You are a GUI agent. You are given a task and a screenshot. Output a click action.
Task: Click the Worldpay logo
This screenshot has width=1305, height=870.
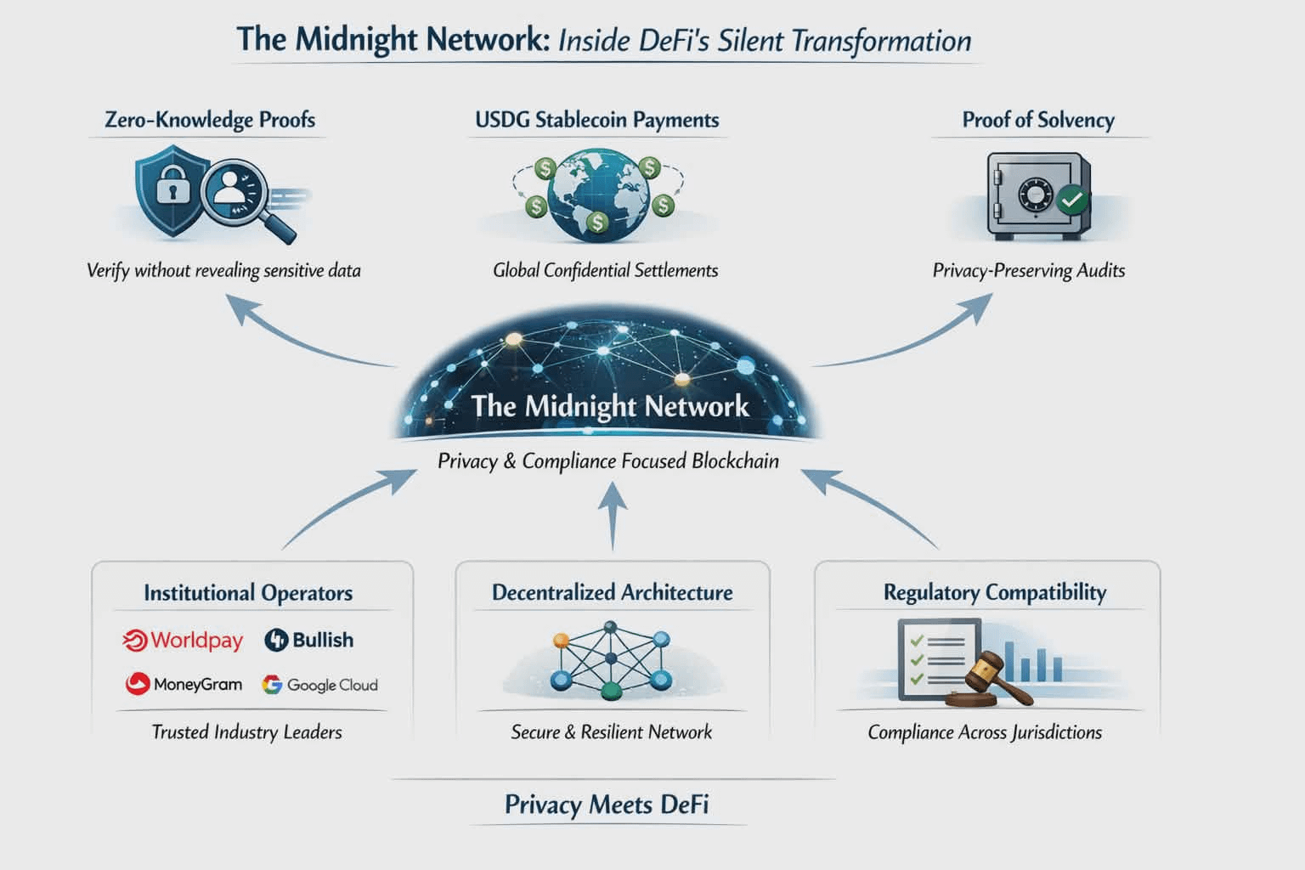[x=183, y=641]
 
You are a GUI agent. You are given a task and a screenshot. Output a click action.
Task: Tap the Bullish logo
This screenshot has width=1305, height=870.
[x=308, y=640]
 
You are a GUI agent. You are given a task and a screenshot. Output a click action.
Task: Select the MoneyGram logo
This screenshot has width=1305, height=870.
[x=184, y=684]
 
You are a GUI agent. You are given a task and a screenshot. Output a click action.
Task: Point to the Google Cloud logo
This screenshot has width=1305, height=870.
[x=319, y=685]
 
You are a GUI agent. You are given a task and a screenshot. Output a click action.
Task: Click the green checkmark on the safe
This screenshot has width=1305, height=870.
[x=1071, y=201]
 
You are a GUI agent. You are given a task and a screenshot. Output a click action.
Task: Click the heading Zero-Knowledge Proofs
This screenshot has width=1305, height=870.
[x=210, y=120]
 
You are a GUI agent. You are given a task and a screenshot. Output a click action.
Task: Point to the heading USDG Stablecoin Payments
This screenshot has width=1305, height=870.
[x=597, y=120]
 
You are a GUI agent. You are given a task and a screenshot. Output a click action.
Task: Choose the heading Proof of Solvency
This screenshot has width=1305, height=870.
[x=1038, y=120]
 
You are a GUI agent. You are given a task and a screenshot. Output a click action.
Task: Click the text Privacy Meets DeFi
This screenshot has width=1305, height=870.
[x=607, y=805]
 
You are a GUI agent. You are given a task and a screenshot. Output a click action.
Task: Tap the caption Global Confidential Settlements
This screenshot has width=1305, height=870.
[x=605, y=270]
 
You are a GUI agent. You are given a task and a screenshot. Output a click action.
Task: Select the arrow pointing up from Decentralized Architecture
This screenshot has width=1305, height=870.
[x=613, y=515]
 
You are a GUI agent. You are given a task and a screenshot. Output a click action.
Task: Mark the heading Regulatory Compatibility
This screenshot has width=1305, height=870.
[x=995, y=593]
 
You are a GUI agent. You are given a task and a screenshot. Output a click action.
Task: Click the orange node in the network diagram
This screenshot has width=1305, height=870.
[x=561, y=641]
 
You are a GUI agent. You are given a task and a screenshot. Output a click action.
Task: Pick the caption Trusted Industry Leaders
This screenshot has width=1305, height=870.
[x=247, y=732]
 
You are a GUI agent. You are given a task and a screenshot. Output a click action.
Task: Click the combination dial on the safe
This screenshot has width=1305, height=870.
[x=1036, y=195]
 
